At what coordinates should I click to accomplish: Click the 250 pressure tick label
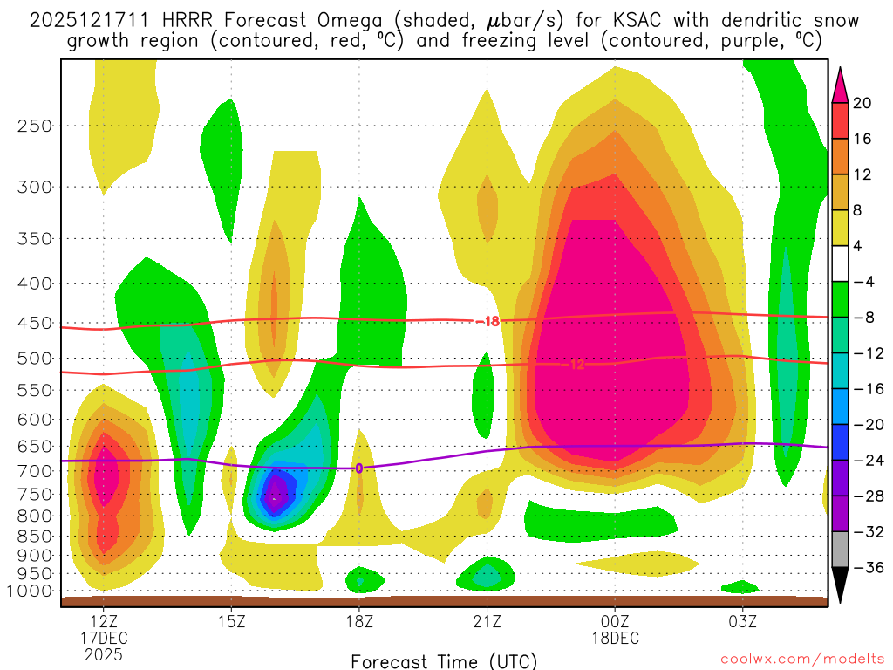click(x=35, y=126)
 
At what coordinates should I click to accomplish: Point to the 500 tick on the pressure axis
click(x=35, y=358)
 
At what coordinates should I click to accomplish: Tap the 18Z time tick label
click(x=359, y=622)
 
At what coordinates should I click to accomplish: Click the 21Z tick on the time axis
click(x=487, y=622)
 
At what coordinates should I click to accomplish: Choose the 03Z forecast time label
click(x=743, y=622)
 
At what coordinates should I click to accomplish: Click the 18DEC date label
click(x=615, y=639)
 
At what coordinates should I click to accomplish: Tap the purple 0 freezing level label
click(x=358, y=468)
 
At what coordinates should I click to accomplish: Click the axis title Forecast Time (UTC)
click(x=444, y=660)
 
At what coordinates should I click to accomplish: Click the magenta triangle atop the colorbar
click(x=841, y=85)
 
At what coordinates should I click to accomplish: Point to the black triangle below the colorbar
click(x=841, y=585)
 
